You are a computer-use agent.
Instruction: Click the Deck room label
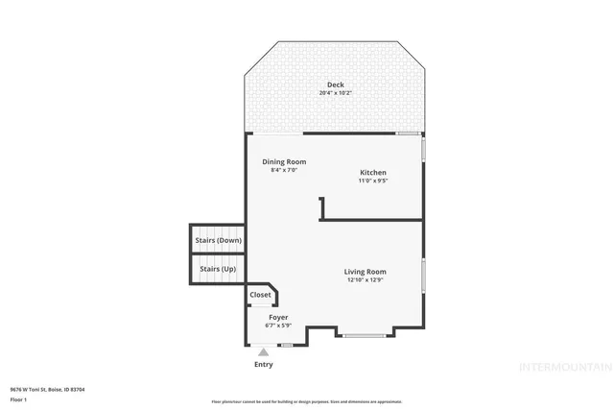(335, 85)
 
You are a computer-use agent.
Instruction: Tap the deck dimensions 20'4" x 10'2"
(335, 93)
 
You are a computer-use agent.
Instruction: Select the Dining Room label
(285, 161)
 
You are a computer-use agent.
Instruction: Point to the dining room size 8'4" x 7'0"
(285, 170)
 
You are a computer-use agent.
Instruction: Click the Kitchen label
(373, 172)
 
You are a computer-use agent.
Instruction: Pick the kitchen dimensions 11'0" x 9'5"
(373, 181)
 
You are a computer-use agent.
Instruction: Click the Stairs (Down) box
(217, 240)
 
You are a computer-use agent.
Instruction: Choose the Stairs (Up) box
(217, 269)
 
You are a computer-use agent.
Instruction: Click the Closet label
(260, 295)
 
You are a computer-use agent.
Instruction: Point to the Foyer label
(278, 317)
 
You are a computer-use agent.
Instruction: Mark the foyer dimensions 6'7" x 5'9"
(278, 326)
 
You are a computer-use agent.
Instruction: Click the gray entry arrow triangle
(264, 352)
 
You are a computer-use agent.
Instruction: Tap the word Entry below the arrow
(264, 365)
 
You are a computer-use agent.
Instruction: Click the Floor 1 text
(18, 398)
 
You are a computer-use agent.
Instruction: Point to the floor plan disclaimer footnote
(307, 400)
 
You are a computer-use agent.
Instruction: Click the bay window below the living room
(366, 335)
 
